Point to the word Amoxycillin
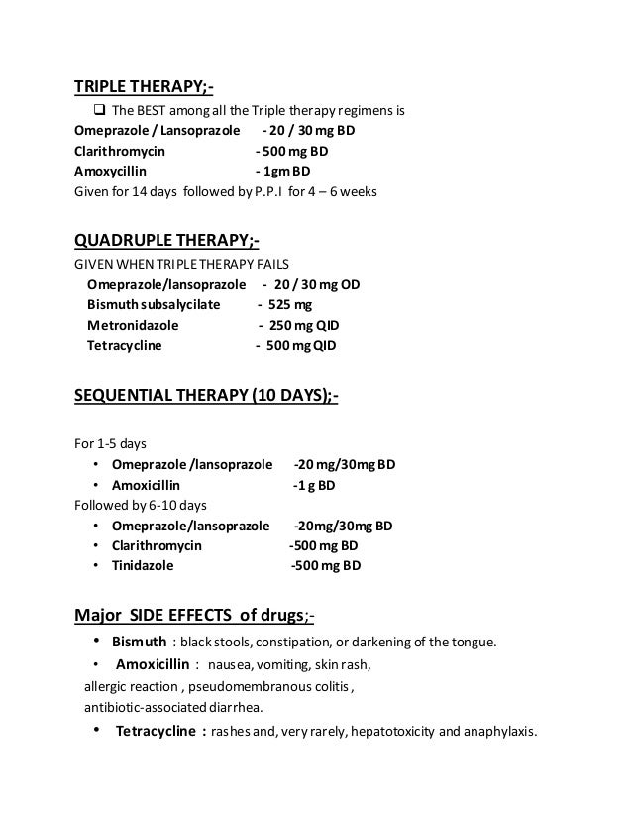[112, 172]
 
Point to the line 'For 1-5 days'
[111, 443]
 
